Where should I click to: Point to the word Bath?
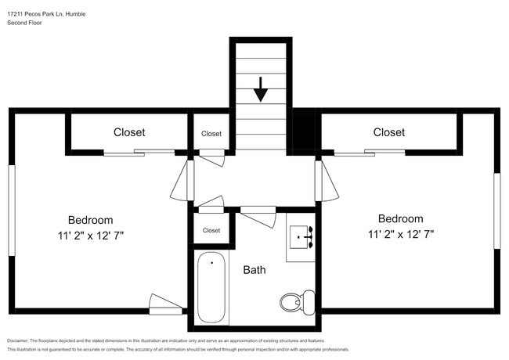254,270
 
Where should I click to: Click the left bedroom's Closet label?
129,132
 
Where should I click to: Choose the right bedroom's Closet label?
388,132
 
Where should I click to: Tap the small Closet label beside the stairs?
211,134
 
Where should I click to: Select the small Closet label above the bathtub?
211,230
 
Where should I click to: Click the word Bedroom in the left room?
90,220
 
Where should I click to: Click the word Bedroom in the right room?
400,219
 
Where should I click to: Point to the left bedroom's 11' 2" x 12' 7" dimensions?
90,234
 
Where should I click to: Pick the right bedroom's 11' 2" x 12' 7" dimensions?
400,233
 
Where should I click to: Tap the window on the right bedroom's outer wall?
496,211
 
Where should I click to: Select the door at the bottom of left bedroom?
165,304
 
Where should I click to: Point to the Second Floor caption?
25,23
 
